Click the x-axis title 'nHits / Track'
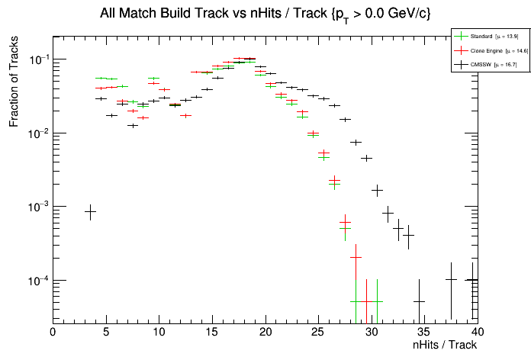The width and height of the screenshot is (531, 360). click(444, 346)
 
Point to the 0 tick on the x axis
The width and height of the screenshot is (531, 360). click(53, 332)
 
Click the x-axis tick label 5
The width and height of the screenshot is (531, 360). click(106, 332)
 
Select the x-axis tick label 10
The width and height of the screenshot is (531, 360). click(159, 332)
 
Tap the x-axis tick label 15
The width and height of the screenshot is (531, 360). click(212, 332)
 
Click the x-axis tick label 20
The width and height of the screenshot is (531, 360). click(265, 332)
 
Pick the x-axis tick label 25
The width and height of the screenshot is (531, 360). click(318, 332)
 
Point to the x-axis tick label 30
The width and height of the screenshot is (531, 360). click(372, 332)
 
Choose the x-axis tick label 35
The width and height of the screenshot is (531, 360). click(425, 332)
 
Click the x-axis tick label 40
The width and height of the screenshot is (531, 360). click(478, 332)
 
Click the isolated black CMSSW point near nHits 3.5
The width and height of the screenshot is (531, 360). click(90, 211)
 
